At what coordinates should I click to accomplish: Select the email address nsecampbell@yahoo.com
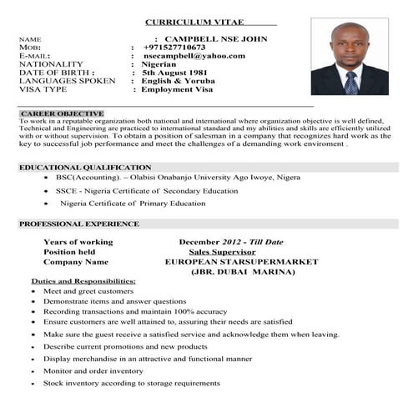tap(194, 56)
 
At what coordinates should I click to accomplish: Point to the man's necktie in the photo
tap(350, 82)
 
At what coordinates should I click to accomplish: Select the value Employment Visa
tap(184, 89)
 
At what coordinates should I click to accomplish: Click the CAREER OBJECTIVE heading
tap(62, 113)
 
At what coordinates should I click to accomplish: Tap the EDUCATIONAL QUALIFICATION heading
tap(85, 168)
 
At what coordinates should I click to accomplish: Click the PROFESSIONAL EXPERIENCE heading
tap(79, 224)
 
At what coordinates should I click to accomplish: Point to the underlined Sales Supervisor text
tap(222, 251)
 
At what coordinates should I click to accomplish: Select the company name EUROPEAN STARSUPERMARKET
tap(243, 261)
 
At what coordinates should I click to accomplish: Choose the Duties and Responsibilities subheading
tap(83, 281)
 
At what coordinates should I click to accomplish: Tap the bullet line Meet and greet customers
tap(88, 291)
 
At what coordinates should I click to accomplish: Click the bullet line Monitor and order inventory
tap(93, 370)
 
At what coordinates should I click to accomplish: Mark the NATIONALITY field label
tap(51, 64)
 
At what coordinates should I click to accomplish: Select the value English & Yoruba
tap(179, 81)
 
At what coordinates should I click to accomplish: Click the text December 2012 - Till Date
tap(231, 241)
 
